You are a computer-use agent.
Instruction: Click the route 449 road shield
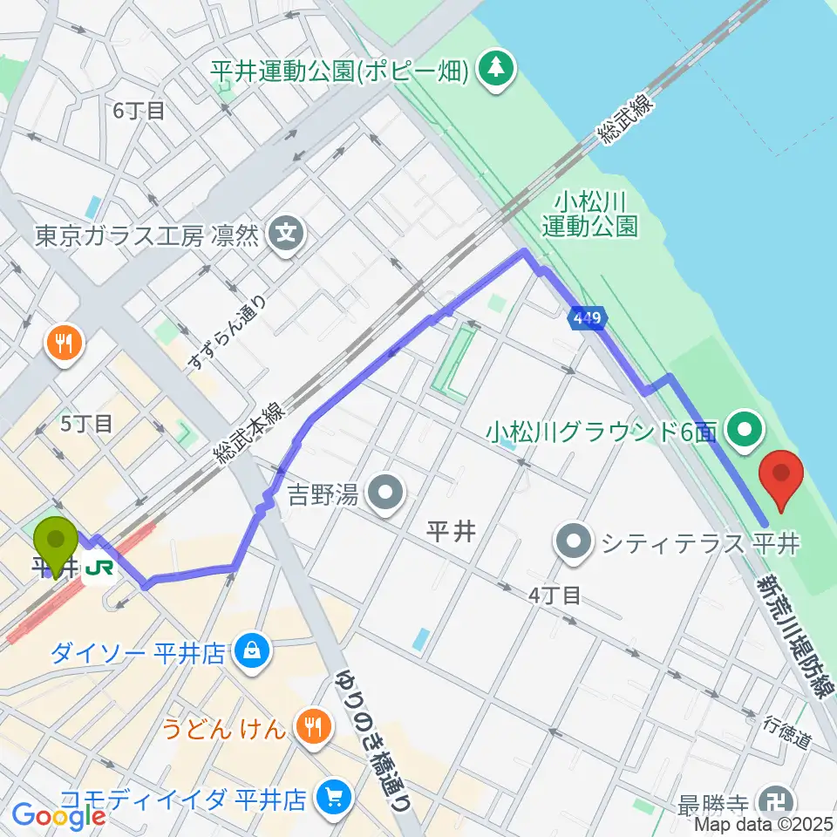pos(586,320)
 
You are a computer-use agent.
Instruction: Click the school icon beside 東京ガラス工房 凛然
pos(286,235)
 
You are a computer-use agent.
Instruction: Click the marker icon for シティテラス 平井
pos(574,543)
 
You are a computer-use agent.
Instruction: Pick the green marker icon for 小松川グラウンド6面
pos(746,430)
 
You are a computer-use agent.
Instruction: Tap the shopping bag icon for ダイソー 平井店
pos(251,651)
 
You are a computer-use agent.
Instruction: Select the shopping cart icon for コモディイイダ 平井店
pos(334,797)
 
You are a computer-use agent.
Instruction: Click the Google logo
pos(58,816)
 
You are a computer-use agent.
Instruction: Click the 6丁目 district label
pos(138,111)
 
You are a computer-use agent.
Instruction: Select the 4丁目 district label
pos(555,595)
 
